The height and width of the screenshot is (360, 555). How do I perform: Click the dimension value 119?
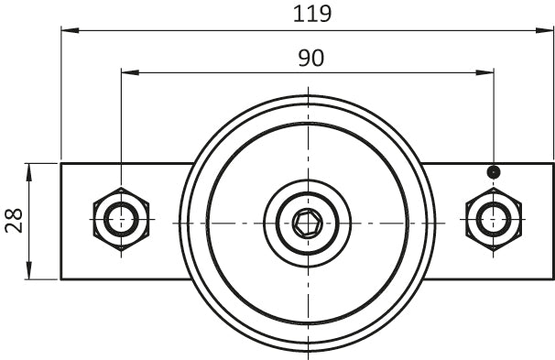point(312,14)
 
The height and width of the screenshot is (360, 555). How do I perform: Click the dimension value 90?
point(311,58)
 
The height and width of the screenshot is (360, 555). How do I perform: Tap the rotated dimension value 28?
point(14,221)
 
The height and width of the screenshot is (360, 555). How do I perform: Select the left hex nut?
point(122,220)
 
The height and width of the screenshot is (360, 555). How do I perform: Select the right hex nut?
point(494,220)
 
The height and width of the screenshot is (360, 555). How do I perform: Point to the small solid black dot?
point(494,172)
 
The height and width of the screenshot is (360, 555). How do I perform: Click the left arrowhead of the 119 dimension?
point(71,30)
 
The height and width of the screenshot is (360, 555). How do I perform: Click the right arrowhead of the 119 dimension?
point(544,30)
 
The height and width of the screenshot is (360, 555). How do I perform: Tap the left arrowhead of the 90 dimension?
point(130,72)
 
